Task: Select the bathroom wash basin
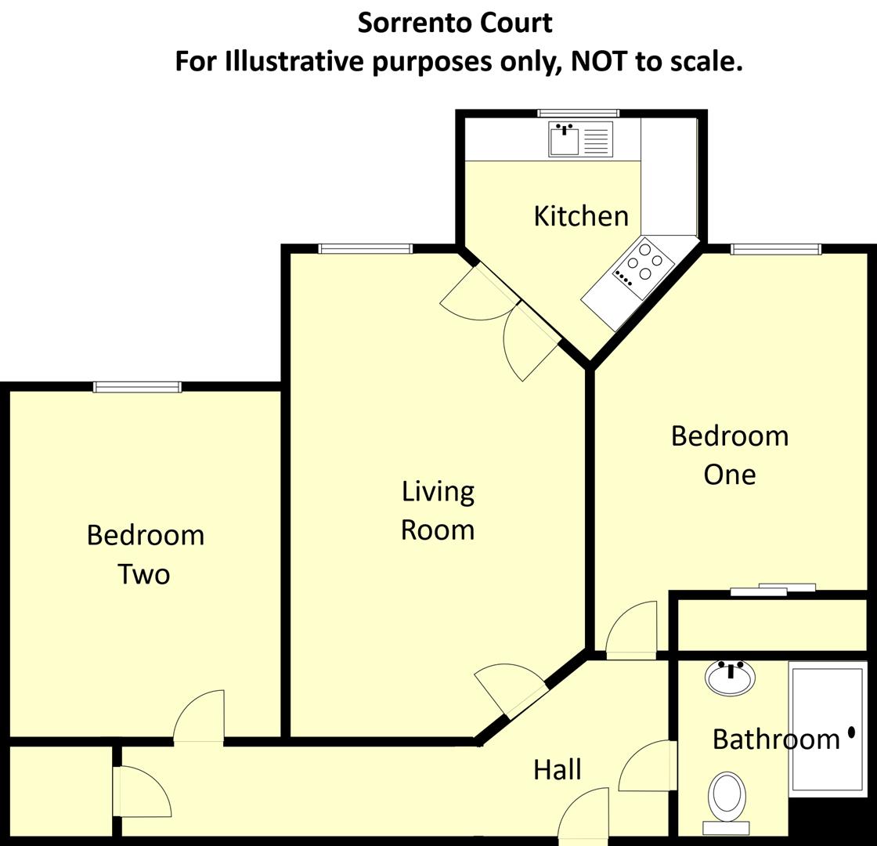pos(730,678)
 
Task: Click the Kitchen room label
pos(580,215)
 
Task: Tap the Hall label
pos(557,769)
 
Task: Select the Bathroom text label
pos(775,739)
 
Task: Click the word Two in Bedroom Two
pos(144,574)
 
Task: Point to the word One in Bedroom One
pos(729,474)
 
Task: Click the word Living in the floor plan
pos(438,492)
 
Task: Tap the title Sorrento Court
pos(455,23)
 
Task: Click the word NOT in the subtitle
pos(599,61)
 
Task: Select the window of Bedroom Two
pos(137,387)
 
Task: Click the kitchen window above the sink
pos(578,114)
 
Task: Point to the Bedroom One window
pos(775,249)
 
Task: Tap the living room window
pos(365,249)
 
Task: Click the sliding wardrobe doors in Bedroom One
pos(773,590)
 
